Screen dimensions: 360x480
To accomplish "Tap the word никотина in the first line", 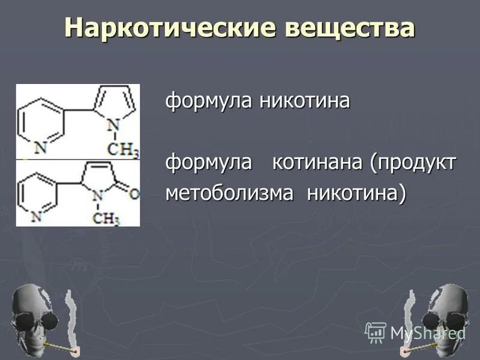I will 304,101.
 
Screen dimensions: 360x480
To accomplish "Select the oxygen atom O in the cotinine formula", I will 134,194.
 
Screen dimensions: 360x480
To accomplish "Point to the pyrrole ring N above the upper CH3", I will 111,125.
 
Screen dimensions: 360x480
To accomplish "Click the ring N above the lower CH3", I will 99,193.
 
